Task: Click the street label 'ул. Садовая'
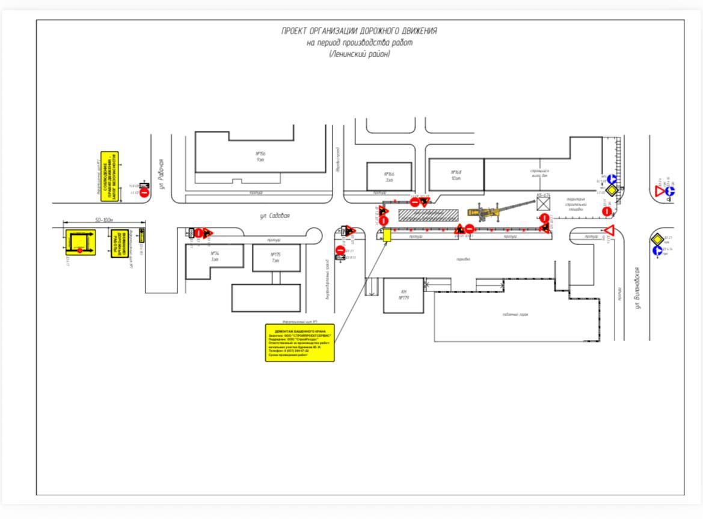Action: tap(275, 216)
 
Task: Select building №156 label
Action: tap(260, 156)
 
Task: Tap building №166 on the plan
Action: tap(389, 177)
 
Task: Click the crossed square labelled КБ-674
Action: tap(544, 204)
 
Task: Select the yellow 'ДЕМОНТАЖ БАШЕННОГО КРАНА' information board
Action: tap(299, 342)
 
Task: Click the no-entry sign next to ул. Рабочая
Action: tap(144, 193)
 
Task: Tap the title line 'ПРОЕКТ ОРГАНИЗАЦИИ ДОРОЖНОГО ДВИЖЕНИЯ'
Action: tap(359, 31)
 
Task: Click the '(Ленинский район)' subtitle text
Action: tap(359, 54)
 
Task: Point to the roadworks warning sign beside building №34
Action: tap(207, 232)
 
